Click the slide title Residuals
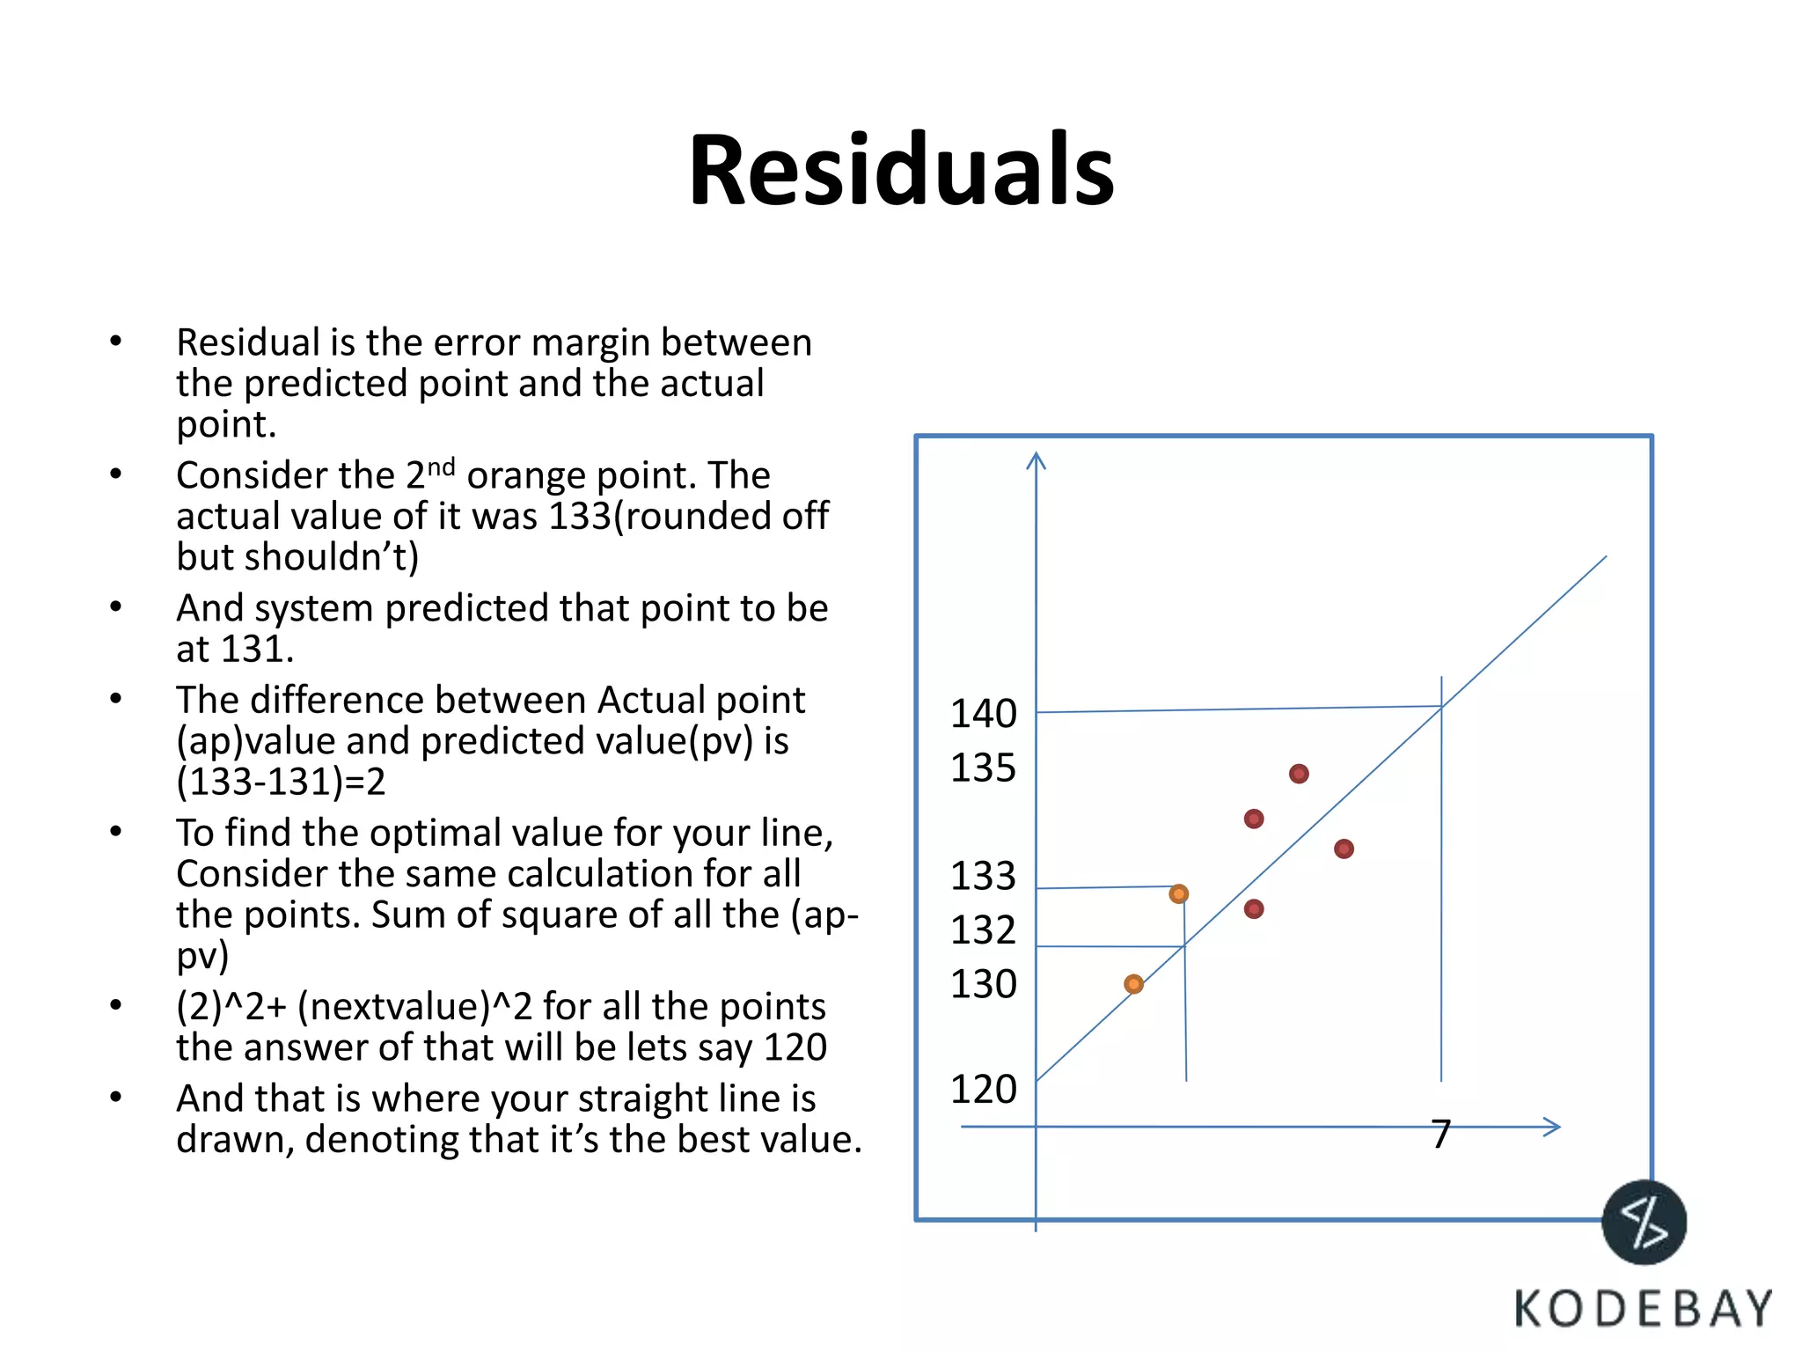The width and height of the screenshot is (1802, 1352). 901,169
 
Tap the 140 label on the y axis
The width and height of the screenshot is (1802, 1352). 983,714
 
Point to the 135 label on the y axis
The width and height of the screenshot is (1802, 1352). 983,768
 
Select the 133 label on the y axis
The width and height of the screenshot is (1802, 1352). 983,876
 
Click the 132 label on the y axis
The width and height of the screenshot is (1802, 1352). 983,930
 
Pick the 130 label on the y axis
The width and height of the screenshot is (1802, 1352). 983,984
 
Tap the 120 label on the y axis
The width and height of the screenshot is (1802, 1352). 983,1090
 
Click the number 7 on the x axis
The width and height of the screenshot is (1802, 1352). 1440,1134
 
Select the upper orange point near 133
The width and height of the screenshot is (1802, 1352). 1179,894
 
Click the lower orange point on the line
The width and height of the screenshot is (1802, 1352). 1134,984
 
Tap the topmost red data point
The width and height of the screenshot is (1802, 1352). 1299,774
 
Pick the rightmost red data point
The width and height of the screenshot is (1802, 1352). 1344,849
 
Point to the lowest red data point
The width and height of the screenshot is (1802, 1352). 1254,909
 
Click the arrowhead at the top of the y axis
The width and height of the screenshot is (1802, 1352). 1037,459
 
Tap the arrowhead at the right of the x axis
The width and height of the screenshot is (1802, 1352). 1553,1127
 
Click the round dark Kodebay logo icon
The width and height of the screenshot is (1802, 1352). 1644,1223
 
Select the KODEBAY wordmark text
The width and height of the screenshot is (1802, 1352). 1643,1309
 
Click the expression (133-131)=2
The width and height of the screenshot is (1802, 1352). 281,782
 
